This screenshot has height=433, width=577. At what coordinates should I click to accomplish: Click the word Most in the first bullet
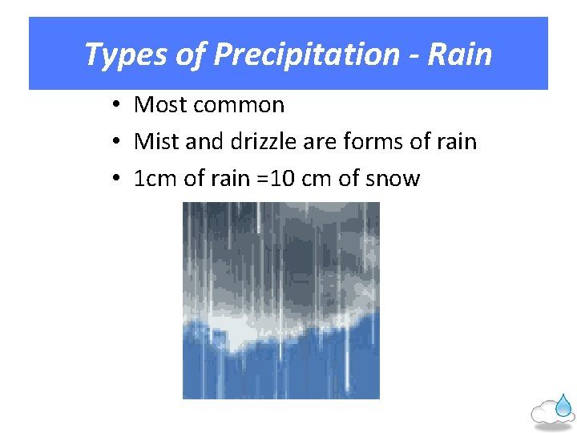point(156,105)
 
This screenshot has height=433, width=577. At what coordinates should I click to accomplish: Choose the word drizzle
point(263,142)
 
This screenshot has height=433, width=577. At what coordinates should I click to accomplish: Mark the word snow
point(392,179)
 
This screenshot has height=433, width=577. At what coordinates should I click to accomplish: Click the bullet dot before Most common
point(117,105)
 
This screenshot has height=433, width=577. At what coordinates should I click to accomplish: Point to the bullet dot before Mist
point(117,142)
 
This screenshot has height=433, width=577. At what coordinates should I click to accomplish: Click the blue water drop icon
point(565,406)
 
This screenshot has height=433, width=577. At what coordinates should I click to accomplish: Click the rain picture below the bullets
point(280,300)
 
